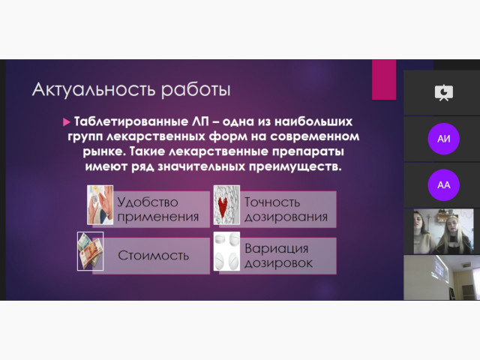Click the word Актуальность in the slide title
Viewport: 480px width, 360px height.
pyautogui.click(x=94, y=90)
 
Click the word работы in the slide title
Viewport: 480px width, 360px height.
pyautogui.click(x=196, y=90)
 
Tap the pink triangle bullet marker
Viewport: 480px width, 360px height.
pyautogui.click(x=67, y=122)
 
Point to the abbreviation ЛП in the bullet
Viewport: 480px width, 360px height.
pyautogui.click(x=200, y=121)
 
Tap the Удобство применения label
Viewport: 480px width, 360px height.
pyautogui.click(x=158, y=209)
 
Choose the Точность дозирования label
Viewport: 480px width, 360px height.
pyautogui.click(x=286, y=209)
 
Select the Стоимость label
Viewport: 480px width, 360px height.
pyautogui.click(x=153, y=255)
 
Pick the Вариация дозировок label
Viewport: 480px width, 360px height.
pyautogui.click(x=278, y=256)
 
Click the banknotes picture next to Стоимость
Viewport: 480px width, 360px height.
pyautogui.click(x=90, y=251)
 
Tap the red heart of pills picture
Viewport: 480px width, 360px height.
pyautogui.click(x=226, y=205)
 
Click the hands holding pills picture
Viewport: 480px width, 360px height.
pyautogui.click(x=100, y=205)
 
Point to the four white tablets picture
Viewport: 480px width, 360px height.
pyautogui.click(x=226, y=251)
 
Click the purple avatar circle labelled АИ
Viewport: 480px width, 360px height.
pyautogui.click(x=443, y=139)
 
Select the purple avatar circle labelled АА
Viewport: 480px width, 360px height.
pyautogui.click(x=443, y=185)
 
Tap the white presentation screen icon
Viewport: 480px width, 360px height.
pyautogui.click(x=444, y=93)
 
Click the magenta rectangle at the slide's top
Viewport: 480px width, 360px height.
pyautogui.click(x=384, y=79)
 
